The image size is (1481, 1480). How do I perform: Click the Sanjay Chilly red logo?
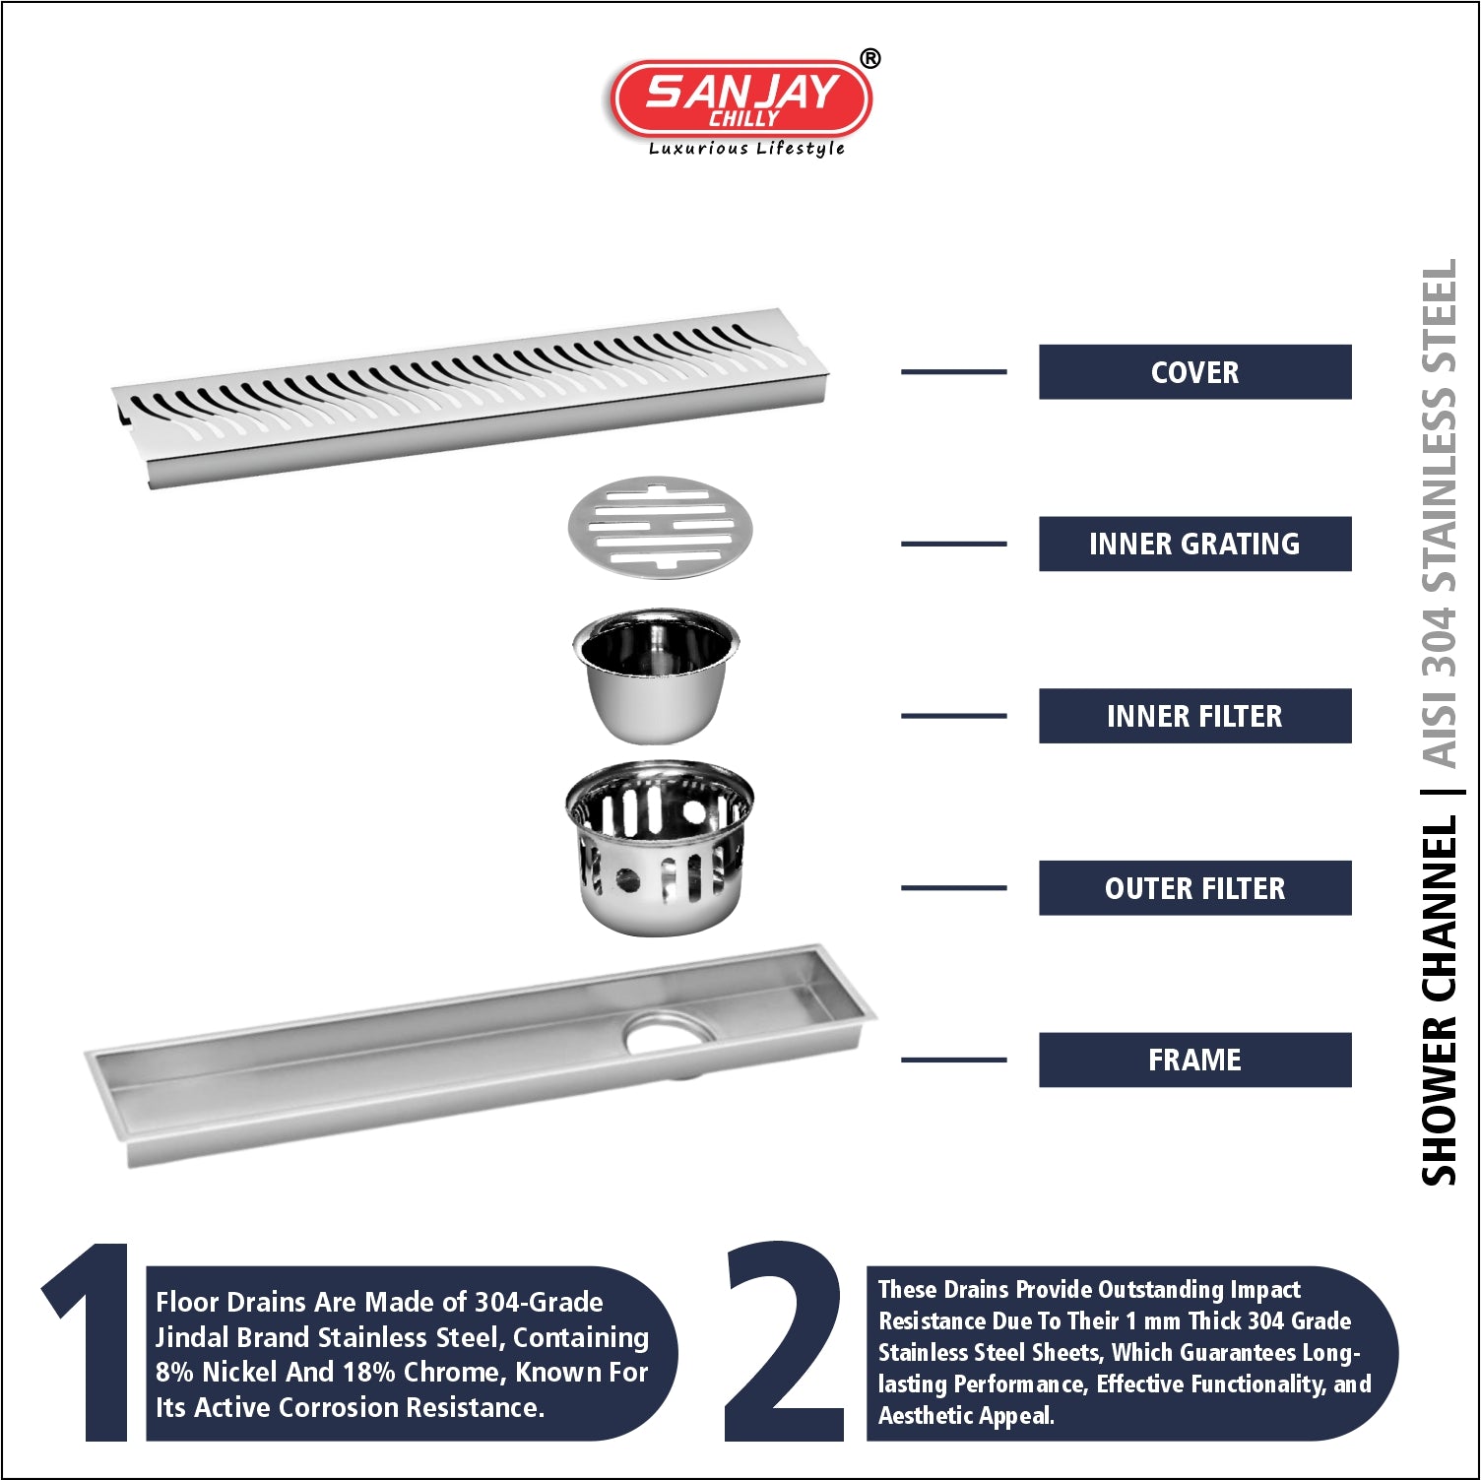(x=741, y=98)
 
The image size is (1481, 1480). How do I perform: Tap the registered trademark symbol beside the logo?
(x=870, y=59)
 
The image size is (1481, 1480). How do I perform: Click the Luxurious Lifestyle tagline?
(x=746, y=149)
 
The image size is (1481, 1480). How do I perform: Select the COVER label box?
(x=1194, y=372)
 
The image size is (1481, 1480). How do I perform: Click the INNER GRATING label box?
(x=1194, y=544)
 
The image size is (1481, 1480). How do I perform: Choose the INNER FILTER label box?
(x=1194, y=716)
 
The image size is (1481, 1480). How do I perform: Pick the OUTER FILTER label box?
(x=1194, y=888)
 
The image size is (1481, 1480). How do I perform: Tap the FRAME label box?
(x=1194, y=1060)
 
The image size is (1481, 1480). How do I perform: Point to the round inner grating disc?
(x=660, y=528)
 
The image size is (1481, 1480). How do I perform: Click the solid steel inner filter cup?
(x=656, y=676)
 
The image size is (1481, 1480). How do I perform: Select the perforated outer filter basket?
(x=659, y=847)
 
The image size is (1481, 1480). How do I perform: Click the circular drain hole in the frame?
(x=670, y=1032)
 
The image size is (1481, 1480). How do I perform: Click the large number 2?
(x=785, y=1341)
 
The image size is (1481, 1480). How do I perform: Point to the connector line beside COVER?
(x=953, y=372)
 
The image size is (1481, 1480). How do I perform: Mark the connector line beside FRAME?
(x=953, y=1060)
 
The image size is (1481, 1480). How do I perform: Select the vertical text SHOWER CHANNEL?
(x=1439, y=1000)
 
